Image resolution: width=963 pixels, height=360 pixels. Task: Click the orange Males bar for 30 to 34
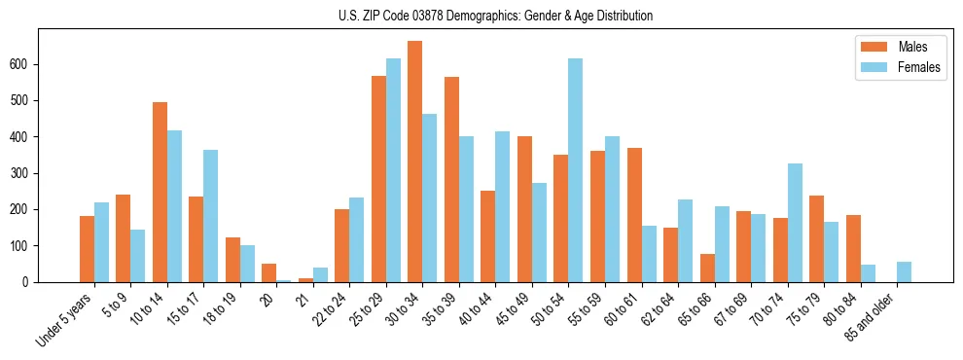(415, 162)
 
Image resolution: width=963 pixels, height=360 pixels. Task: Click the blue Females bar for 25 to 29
(393, 170)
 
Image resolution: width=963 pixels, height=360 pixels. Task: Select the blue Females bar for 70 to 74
(795, 223)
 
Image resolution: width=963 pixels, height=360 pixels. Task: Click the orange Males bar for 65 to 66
(707, 268)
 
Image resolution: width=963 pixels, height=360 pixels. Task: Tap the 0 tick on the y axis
(31, 282)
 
